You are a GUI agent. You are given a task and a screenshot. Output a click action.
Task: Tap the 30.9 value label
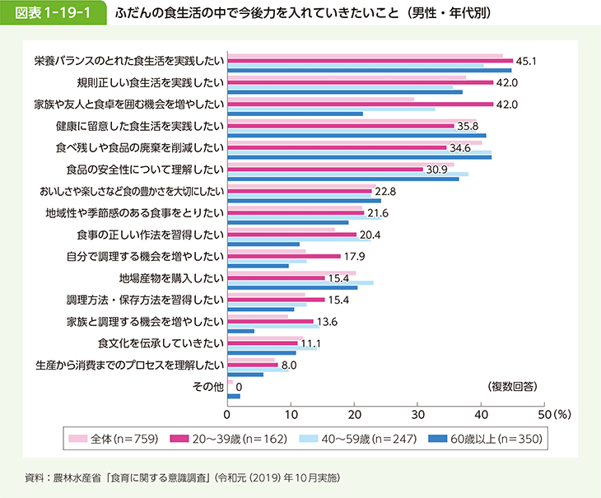tap(436, 169)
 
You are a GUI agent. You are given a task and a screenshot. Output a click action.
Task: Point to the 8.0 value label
tap(289, 364)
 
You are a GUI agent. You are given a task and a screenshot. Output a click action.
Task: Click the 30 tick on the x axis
tap(417, 414)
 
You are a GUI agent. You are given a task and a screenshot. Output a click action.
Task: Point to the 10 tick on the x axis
tap(290, 414)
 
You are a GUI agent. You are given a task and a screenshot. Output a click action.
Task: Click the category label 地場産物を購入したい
tap(171, 277)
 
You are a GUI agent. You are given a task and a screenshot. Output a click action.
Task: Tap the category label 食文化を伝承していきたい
tap(161, 342)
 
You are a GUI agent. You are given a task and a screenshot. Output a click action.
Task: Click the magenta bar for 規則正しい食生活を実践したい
tap(360, 82)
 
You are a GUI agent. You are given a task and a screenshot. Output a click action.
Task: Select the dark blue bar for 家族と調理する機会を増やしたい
tap(240, 332)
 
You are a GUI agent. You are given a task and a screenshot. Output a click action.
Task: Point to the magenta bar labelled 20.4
tap(291, 234)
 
